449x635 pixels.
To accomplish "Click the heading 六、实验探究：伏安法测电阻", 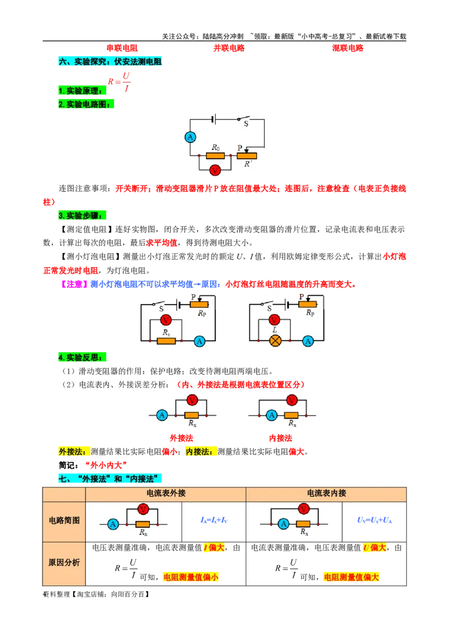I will [111, 61].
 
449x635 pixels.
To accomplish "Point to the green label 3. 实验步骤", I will [82, 215].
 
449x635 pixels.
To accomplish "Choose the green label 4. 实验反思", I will [82, 357].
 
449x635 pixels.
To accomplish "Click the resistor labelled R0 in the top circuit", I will [216, 155].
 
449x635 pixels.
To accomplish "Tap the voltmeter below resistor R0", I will [214, 170].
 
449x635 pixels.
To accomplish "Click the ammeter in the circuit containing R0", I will [190, 137].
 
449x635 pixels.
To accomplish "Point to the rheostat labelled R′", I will [246, 155].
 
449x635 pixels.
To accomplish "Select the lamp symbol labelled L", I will [274, 340].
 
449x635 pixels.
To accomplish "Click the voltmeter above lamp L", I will [274, 320].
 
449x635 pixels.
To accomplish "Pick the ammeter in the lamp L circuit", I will [307, 340].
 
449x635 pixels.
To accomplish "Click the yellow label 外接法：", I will [72, 452].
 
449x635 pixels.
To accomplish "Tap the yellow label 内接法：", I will [201, 452].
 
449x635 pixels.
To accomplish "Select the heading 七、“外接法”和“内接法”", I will [111, 478].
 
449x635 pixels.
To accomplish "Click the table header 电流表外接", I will [166, 493].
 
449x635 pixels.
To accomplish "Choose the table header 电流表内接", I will [326, 493].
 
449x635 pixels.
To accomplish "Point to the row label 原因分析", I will [64, 563].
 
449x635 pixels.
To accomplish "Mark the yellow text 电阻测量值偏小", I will [190, 577].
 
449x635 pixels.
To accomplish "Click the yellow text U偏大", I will [375, 547].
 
